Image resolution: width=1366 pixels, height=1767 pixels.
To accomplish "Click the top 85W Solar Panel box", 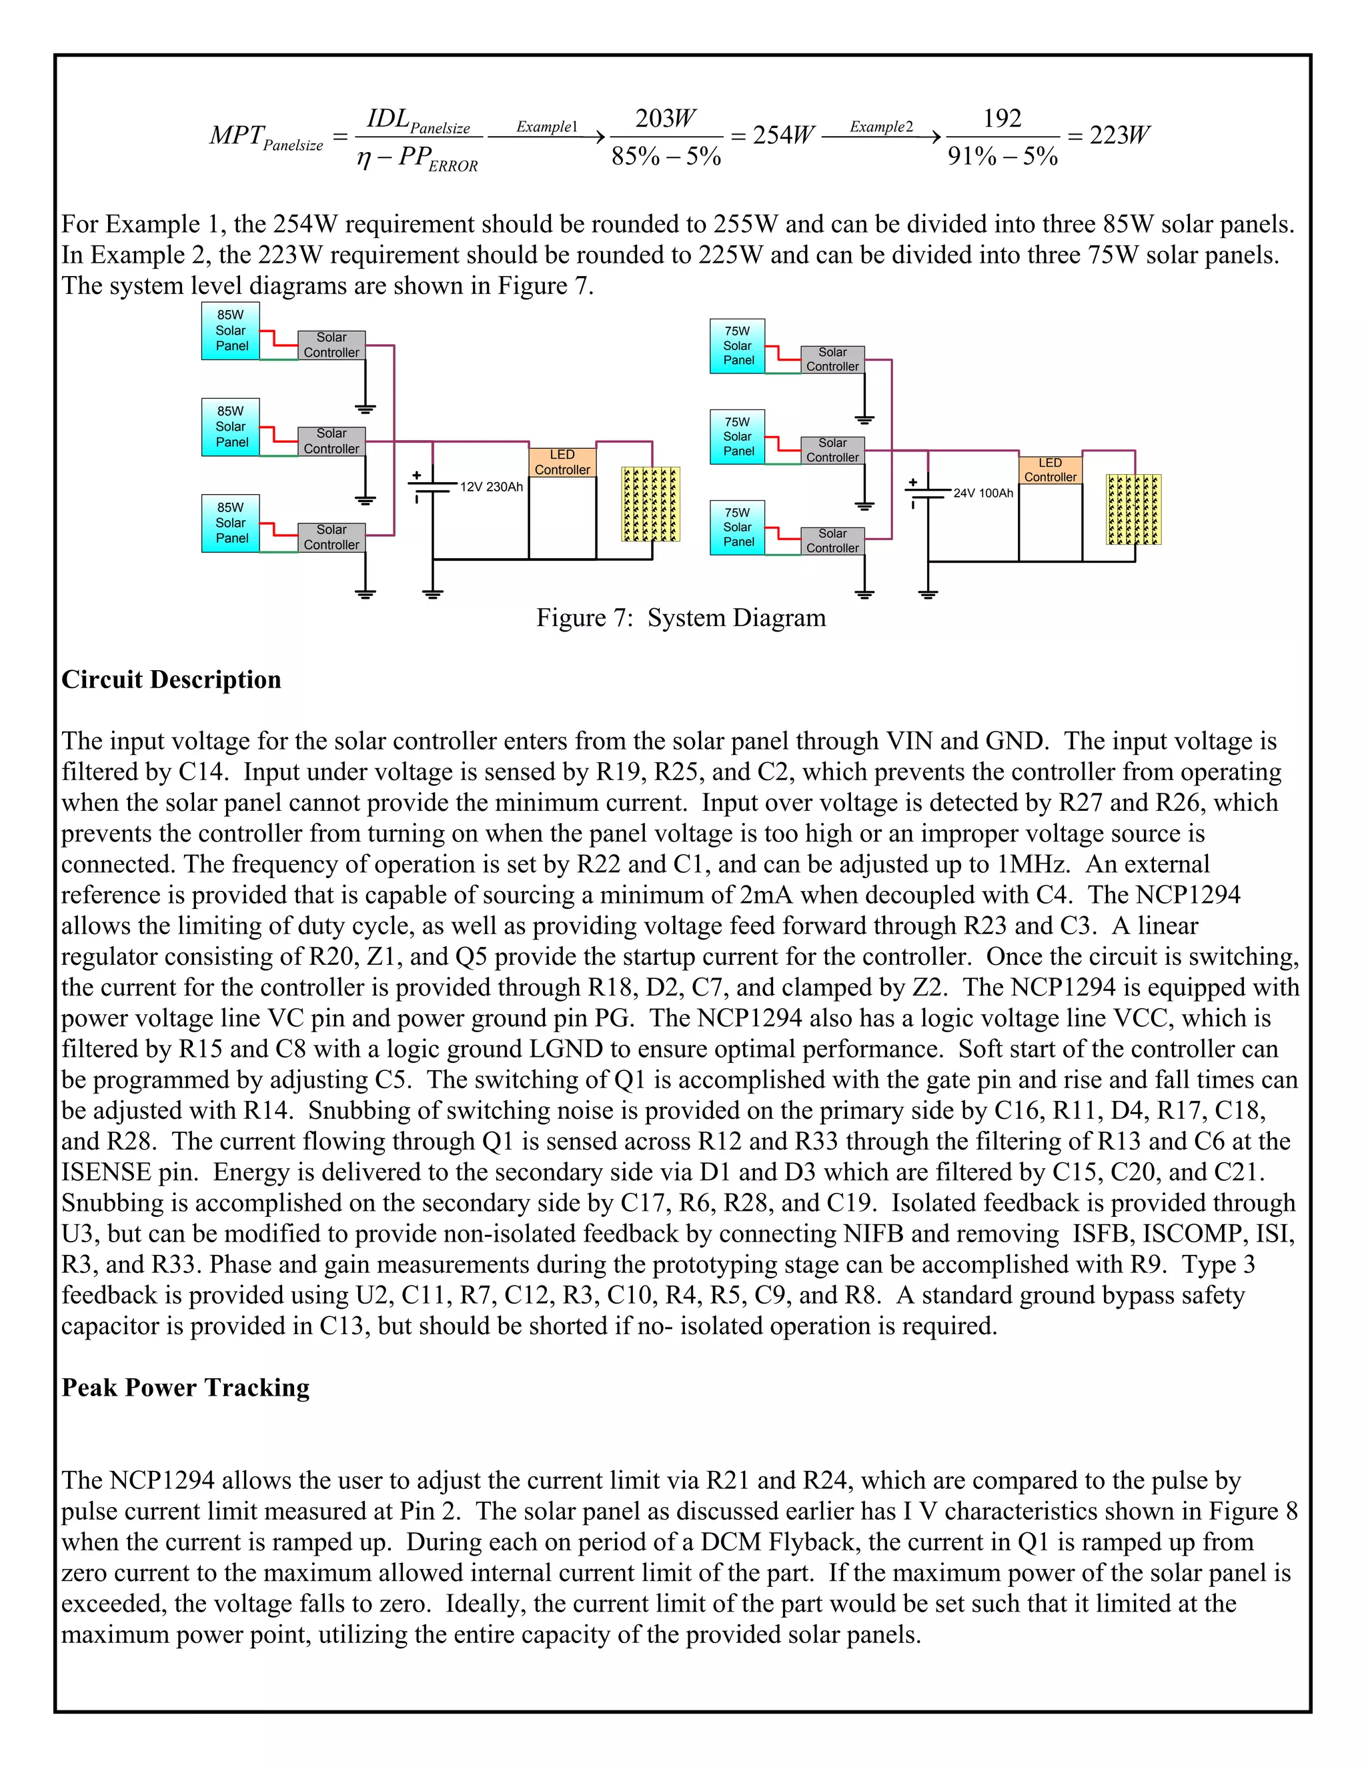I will pyautogui.click(x=231, y=331).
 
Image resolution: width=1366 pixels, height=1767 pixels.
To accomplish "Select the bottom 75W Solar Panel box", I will pyautogui.click(x=737, y=527).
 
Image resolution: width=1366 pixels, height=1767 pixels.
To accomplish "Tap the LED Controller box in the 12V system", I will pyautogui.click(x=562, y=462).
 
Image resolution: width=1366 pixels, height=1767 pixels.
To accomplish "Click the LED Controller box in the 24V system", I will pyautogui.click(x=1050, y=470).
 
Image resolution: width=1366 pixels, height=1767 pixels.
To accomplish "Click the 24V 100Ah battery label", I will pyautogui.click(x=982, y=493).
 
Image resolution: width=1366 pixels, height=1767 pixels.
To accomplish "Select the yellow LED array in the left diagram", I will pyautogui.click(x=650, y=504).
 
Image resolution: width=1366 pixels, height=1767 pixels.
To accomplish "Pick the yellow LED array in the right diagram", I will pyautogui.click(x=1133, y=509).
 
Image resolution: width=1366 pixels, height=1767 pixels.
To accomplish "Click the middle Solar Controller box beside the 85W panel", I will pyautogui.click(x=331, y=441).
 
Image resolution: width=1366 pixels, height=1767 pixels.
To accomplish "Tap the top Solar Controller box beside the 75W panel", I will pyautogui.click(x=832, y=359).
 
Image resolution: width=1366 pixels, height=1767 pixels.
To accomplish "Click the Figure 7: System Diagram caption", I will pyautogui.click(x=680, y=618).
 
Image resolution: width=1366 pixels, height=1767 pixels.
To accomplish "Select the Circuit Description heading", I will pyautogui.click(x=171, y=679).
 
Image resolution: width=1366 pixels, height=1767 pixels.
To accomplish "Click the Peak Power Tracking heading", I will pyautogui.click(x=185, y=1388).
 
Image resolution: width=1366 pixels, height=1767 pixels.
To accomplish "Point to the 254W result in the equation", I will pyautogui.click(x=783, y=136).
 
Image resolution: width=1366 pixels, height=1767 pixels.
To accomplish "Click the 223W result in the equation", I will pyautogui.click(x=1119, y=136).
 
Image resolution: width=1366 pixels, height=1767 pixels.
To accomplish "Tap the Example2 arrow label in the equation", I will pyautogui.click(x=880, y=127).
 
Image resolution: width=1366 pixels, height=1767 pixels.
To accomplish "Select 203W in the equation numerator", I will pyautogui.click(x=665, y=119).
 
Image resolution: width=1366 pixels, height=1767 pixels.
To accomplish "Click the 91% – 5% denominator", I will pyautogui.click(x=1002, y=156).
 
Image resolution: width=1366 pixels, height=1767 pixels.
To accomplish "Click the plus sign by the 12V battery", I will pyautogui.click(x=417, y=475).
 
